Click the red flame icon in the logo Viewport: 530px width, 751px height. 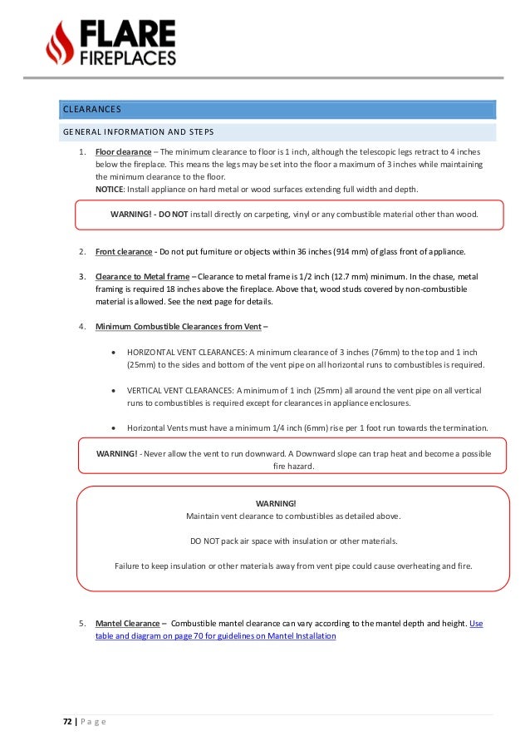tap(60, 42)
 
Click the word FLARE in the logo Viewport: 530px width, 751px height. tap(127, 33)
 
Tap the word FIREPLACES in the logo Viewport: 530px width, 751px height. tap(127, 58)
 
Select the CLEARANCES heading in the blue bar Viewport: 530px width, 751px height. tap(92, 109)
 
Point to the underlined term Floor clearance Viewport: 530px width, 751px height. tap(123, 153)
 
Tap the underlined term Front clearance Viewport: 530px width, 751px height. tap(123, 252)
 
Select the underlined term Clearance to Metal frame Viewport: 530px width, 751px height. tap(142, 276)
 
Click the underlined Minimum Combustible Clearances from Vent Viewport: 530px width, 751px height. tap(176, 325)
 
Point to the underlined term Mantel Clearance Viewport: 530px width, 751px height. tap(127, 623)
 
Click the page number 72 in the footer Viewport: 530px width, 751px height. tap(67, 722)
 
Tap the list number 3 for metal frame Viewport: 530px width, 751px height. tap(82, 276)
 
